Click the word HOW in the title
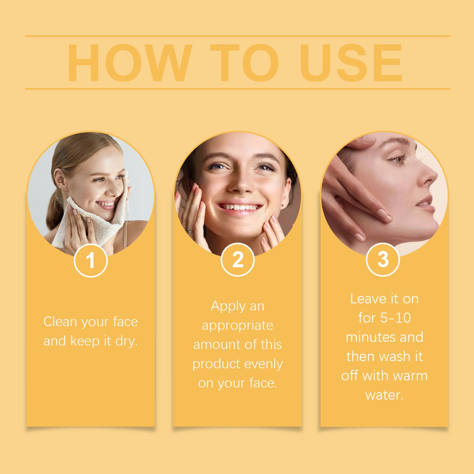[x=130, y=63]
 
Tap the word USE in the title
[x=351, y=63]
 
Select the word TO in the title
[x=244, y=63]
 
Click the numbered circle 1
[x=91, y=260]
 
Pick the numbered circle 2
[x=237, y=260]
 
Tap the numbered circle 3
[x=382, y=259]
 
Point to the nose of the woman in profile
[x=430, y=177]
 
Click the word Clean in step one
[x=60, y=322]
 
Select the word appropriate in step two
[x=237, y=325]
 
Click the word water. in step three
[x=384, y=395]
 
